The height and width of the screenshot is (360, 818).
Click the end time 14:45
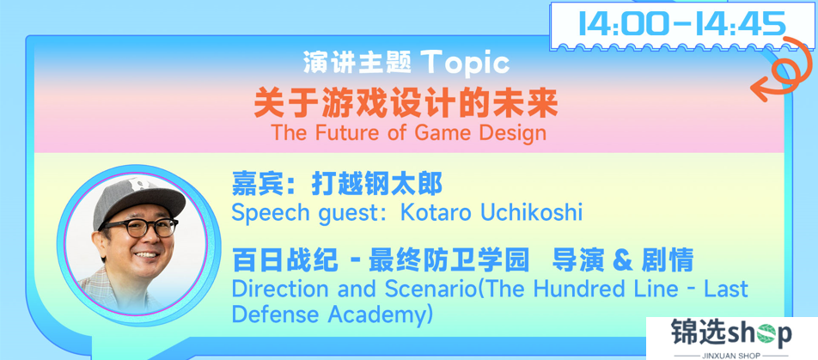pyautogui.click(x=742, y=23)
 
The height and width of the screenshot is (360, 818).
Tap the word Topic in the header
pyautogui.click(x=467, y=63)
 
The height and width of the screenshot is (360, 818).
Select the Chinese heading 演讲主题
pyautogui.click(x=357, y=63)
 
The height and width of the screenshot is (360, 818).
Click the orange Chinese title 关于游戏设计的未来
pyautogui.click(x=406, y=104)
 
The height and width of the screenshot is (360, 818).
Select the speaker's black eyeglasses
pyautogui.click(x=140, y=228)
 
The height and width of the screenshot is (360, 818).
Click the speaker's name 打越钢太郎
pyautogui.click(x=376, y=184)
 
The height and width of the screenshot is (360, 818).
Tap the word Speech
pyautogui.click(x=267, y=214)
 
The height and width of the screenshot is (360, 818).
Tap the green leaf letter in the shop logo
pyautogui.click(x=766, y=334)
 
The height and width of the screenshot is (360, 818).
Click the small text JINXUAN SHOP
pyautogui.click(x=732, y=355)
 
